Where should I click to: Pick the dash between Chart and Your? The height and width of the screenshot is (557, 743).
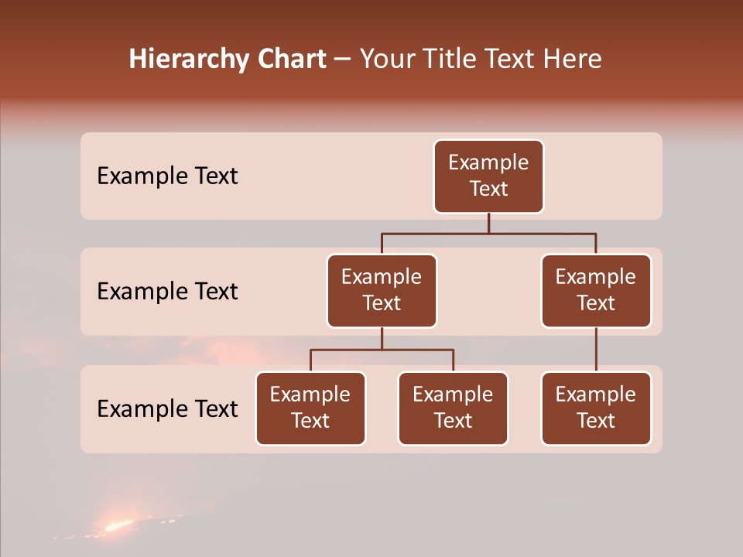pos(342,60)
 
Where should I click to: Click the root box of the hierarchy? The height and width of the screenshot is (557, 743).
pos(488,176)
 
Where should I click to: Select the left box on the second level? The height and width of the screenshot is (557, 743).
pos(382,291)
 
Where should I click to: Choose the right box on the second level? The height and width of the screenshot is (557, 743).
pos(596,291)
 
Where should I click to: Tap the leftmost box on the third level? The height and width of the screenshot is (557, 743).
pos(310,408)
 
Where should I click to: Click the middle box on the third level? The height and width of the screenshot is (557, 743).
pos(453,408)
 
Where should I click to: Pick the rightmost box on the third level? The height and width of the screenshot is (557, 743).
pos(596,408)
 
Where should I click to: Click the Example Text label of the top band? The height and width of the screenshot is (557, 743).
pos(167,176)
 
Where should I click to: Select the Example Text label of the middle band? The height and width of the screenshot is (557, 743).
pos(167,292)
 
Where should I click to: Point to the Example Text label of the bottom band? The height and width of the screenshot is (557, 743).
pos(167,408)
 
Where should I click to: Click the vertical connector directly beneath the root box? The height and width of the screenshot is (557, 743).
pos(488,223)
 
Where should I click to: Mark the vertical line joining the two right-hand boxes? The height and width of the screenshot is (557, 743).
pos(596,350)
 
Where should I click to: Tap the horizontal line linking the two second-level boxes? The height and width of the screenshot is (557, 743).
pos(488,233)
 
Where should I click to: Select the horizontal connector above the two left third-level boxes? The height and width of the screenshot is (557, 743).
pos(382,350)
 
